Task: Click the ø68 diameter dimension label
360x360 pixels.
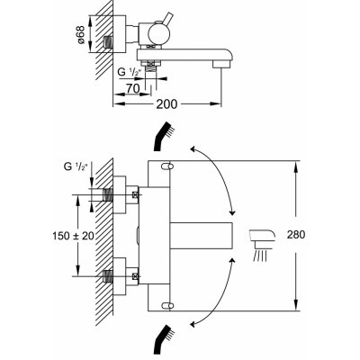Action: tap(81, 35)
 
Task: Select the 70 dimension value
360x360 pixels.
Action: tap(133, 88)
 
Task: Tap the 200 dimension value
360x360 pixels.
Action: tap(166, 104)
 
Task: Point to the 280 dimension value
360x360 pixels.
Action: tap(296, 234)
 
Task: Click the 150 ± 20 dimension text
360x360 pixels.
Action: tap(73, 236)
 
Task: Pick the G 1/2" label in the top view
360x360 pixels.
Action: tap(130, 72)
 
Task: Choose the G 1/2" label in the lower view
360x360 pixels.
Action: tap(76, 166)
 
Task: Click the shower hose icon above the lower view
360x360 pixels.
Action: tap(164, 136)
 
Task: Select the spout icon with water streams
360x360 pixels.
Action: tap(263, 245)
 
